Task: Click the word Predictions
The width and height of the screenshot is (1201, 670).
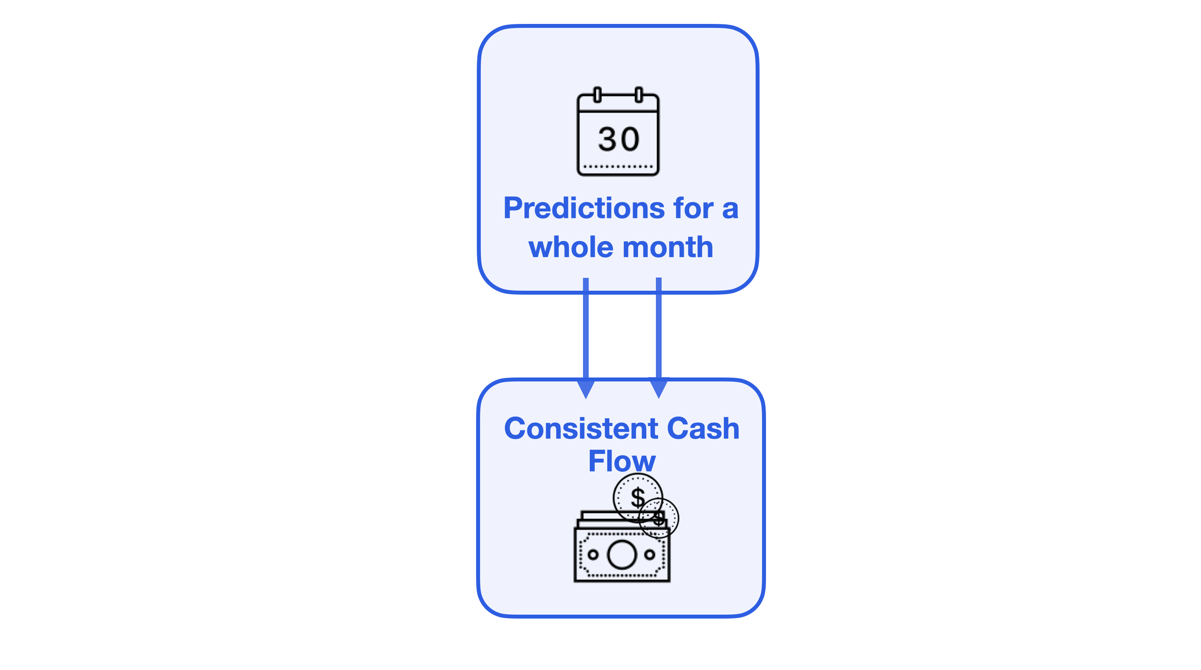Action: point(585,208)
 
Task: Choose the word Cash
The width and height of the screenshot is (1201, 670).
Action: point(703,428)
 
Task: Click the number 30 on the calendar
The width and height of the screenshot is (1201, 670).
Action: point(619,139)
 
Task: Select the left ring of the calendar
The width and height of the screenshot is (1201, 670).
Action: point(597,95)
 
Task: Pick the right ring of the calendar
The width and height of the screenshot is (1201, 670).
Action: point(639,95)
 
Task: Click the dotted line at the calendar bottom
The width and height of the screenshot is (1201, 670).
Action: point(618,166)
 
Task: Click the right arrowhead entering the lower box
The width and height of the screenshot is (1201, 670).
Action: point(659,389)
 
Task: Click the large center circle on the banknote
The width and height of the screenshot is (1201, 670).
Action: point(622,554)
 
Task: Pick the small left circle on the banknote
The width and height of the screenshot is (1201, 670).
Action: point(593,554)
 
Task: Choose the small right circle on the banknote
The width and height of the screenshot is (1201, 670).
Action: point(650,554)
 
